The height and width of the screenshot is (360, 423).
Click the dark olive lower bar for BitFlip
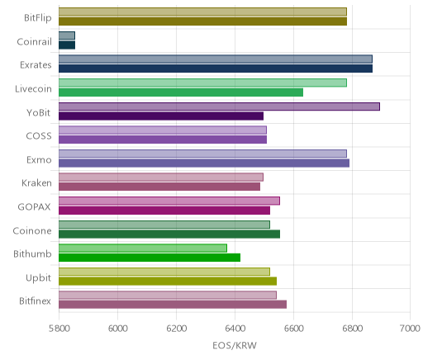tap(202, 21)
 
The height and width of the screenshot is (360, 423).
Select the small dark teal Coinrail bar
tap(67, 45)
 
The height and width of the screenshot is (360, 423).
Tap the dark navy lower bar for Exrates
tap(216, 69)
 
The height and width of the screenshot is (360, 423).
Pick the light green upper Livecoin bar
tap(202, 83)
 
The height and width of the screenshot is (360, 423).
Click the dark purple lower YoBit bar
tap(161, 116)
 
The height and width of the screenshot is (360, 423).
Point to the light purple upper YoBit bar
tap(219, 107)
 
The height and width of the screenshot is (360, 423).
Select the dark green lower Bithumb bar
tap(150, 258)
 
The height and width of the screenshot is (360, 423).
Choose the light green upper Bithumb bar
tap(143, 248)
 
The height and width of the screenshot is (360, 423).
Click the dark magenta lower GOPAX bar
tap(164, 211)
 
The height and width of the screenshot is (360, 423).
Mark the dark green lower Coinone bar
tap(169, 234)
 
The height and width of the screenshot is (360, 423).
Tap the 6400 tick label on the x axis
tap(235, 329)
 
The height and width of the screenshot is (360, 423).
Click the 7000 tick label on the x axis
tap(410, 329)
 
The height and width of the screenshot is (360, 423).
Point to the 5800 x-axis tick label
tap(59, 329)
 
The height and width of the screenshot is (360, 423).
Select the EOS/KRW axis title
tap(235, 345)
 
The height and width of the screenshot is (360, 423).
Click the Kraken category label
tap(36, 183)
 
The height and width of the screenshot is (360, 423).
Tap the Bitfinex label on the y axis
tap(35, 301)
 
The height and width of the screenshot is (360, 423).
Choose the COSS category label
tap(39, 136)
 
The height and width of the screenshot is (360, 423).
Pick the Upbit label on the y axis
tap(38, 278)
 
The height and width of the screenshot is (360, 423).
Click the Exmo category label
tap(39, 159)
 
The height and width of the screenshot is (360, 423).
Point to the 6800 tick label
tap(352, 329)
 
